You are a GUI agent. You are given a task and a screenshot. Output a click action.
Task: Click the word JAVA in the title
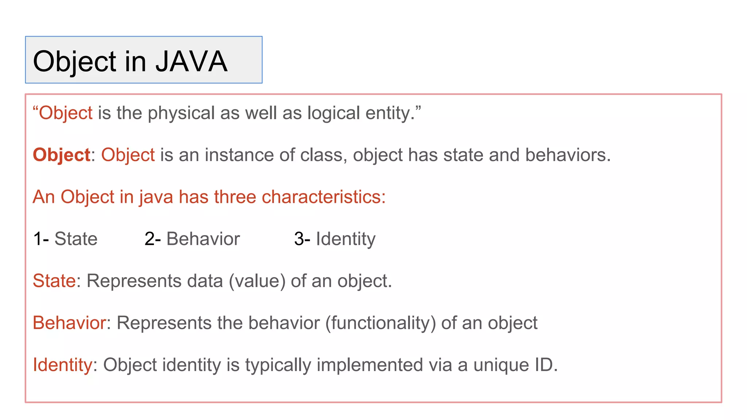pyautogui.click(x=191, y=61)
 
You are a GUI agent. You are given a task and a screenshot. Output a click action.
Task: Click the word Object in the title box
pyautogui.click(x=74, y=61)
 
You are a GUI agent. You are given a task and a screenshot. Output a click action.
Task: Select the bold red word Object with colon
pyautogui.click(x=61, y=155)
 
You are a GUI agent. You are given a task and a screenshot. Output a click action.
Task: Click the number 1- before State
pyautogui.click(x=41, y=239)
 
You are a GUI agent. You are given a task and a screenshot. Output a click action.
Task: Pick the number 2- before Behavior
pyautogui.click(x=152, y=239)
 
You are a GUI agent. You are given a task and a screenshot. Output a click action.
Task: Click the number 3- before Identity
pyautogui.click(x=302, y=239)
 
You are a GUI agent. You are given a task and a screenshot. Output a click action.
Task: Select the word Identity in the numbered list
pyautogui.click(x=345, y=239)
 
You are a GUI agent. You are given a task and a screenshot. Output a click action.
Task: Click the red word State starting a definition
pyautogui.click(x=54, y=281)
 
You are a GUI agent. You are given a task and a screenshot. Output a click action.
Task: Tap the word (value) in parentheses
pyautogui.click(x=257, y=281)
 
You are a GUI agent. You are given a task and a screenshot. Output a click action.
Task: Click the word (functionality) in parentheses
pyautogui.click(x=380, y=323)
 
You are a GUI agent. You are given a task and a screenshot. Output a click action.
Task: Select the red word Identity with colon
pyautogui.click(x=62, y=365)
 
